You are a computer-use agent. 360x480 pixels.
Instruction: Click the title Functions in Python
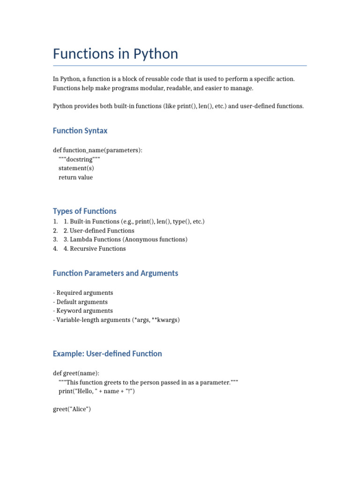click(x=115, y=54)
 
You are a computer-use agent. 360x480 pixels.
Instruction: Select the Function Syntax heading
click(x=80, y=130)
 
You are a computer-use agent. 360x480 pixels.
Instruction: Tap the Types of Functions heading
click(x=84, y=211)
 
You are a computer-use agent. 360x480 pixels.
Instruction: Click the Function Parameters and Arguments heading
click(x=115, y=273)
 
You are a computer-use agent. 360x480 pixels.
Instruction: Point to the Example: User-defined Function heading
click(x=107, y=353)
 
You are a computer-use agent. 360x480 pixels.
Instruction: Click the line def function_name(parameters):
click(x=97, y=150)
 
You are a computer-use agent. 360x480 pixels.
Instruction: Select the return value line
click(x=75, y=177)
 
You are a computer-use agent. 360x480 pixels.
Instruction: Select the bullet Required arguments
click(x=84, y=292)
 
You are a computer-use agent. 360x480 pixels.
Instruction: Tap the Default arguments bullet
click(x=82, y=302)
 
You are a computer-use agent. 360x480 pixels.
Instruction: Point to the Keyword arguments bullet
click(x=84, y=311)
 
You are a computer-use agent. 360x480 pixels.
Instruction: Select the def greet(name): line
click(x=76, y=373)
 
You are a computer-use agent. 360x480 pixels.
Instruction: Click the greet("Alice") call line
click(x=72, y=409)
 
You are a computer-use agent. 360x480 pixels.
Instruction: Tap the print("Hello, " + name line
click(x=96, y=391)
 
